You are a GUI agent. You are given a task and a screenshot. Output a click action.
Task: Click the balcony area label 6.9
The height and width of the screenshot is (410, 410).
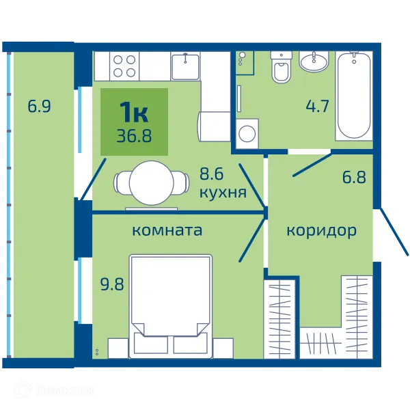[39, 106]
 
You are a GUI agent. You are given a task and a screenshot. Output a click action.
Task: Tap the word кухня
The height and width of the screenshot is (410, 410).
[223, 193]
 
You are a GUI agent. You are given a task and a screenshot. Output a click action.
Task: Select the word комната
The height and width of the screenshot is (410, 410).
[167, 230]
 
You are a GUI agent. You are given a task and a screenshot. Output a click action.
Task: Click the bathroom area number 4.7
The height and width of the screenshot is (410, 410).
[318, 106]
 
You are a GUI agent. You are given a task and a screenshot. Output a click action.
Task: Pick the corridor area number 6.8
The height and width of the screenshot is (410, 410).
[354, 177]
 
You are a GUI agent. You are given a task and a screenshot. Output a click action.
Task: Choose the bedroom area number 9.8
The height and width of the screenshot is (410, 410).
[112, 284]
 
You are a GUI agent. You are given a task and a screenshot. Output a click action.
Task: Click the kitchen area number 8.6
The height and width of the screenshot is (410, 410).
[212, 174]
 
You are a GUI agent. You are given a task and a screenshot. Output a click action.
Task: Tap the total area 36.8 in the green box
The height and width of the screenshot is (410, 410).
[134, 136]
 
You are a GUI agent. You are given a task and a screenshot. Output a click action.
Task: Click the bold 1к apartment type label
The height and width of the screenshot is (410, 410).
[134, 113]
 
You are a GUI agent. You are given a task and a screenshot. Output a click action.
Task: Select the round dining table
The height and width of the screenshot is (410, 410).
[152, 182]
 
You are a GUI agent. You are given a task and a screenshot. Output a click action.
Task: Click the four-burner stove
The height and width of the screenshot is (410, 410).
[124, 66]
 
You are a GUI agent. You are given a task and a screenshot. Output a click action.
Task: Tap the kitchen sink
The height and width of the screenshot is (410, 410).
[185, 66]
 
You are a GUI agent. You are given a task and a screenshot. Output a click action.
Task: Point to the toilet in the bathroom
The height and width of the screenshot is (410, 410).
[282, 67]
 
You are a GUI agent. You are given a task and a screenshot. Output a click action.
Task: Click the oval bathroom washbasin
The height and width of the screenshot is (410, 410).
[314, 61]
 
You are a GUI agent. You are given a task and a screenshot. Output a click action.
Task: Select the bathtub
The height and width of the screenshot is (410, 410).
[354, 96]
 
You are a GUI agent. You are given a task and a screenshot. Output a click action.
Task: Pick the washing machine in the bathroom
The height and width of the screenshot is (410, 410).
[247, 134]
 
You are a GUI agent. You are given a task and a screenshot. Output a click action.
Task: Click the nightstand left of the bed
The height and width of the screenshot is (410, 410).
[118, 348]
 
